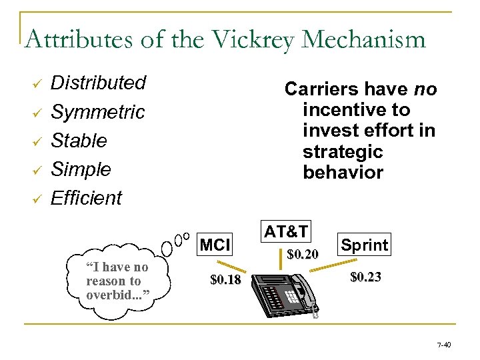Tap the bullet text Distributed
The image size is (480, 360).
[98, 83]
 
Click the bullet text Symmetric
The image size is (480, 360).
[97, 112]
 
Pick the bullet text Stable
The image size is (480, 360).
[79, 141]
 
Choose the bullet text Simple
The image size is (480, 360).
[81, 169]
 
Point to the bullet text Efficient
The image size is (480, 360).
[87, 198]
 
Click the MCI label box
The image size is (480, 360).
[215, 245]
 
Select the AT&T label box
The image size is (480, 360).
[285, 231]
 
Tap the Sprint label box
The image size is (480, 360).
[364, 245]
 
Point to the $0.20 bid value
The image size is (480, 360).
[302, 254]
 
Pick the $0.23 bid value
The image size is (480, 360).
[365, 277]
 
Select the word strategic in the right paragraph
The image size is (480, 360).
[343, 151]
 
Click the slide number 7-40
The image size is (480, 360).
[443, 345]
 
